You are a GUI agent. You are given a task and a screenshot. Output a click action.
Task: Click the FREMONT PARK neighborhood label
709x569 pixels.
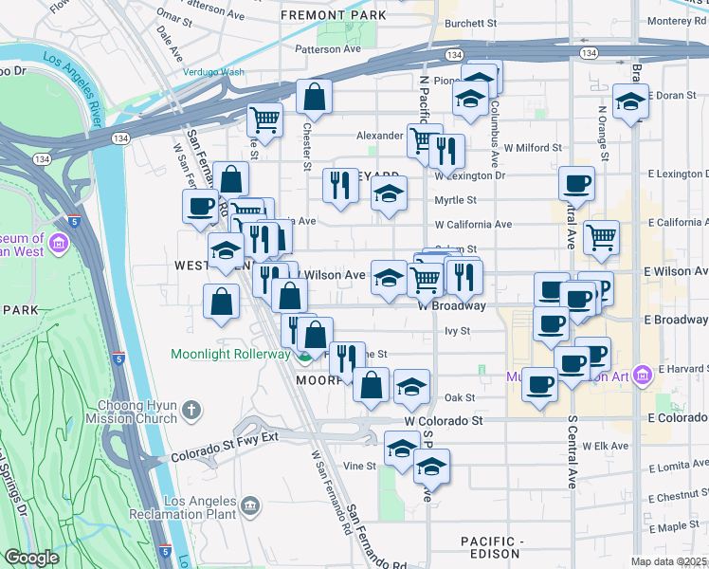[334, 16]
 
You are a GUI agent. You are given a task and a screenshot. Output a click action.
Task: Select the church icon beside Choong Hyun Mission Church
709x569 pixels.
[191, 411]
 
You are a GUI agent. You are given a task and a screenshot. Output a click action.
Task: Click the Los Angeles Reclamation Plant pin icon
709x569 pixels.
[250, 504]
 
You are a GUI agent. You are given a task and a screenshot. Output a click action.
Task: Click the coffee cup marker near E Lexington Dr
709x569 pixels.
[575, 183]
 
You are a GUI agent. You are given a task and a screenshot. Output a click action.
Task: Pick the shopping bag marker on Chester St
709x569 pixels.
[314, 96]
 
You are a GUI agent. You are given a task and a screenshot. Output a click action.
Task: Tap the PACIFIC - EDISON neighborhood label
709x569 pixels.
[491, 546]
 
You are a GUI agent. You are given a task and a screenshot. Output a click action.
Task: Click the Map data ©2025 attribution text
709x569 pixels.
[668, 561]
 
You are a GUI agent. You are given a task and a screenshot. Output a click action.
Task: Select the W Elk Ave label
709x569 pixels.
[606, 446]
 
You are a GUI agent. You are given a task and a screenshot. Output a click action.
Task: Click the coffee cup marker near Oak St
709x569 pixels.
[540, 384]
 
